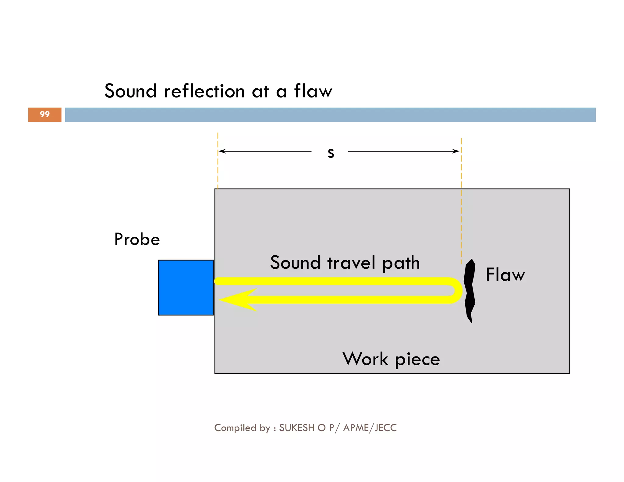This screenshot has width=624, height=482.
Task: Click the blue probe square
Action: pyautogui.click(x=186, y=287)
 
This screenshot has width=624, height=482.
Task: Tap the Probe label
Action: pyautogui.click(x=137, y=239)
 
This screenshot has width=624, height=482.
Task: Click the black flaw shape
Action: pyautogui.click(x=470, y=289)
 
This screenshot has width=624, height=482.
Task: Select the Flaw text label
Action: pyautogui.click(x=505, y=275)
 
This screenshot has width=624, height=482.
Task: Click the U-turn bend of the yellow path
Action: pyautogui.click(x=457, y=290)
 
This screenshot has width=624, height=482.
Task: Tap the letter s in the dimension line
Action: pyautogui.click(x=331, y=153)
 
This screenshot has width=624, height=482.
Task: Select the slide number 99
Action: pyautogui.click(x=45, y=114)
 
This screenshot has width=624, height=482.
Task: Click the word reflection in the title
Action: pyautogui.click(x=204, y=91)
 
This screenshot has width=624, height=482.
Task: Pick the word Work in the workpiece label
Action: pyautogui.click(x=365, y=359)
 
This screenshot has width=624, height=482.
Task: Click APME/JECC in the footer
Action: pyautogui.click(x=370, y=428)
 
